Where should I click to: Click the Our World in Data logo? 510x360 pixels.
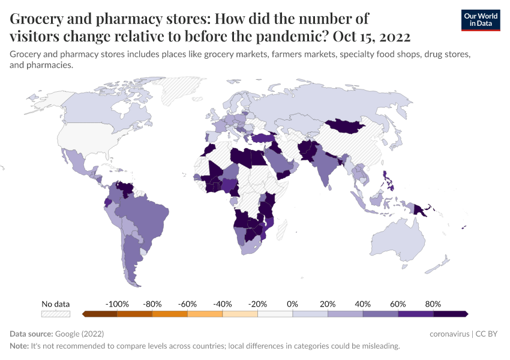[x=480, y=20]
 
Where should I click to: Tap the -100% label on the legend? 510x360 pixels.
[x=117, y=304]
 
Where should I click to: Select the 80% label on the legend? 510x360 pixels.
[x=433, y=304]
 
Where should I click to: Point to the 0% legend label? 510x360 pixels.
[x=293, y=304]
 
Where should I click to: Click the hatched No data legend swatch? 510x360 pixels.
[x=55, y=314]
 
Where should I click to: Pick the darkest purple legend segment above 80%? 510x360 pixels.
[x=451, y=314]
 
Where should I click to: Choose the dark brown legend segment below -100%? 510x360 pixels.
[x=100, y=314]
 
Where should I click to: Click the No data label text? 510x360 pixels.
[x=55, y=304]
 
